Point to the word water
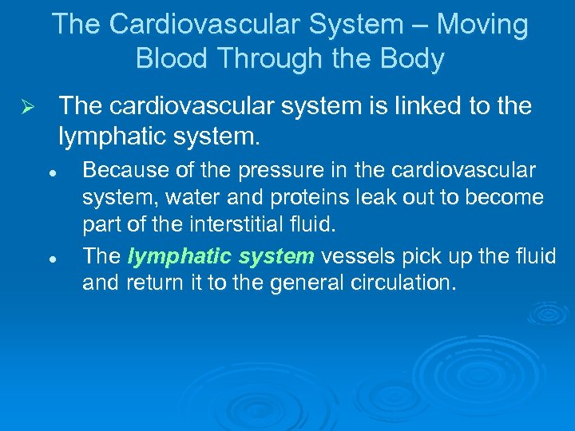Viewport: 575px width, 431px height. click(x=191, y=197)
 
